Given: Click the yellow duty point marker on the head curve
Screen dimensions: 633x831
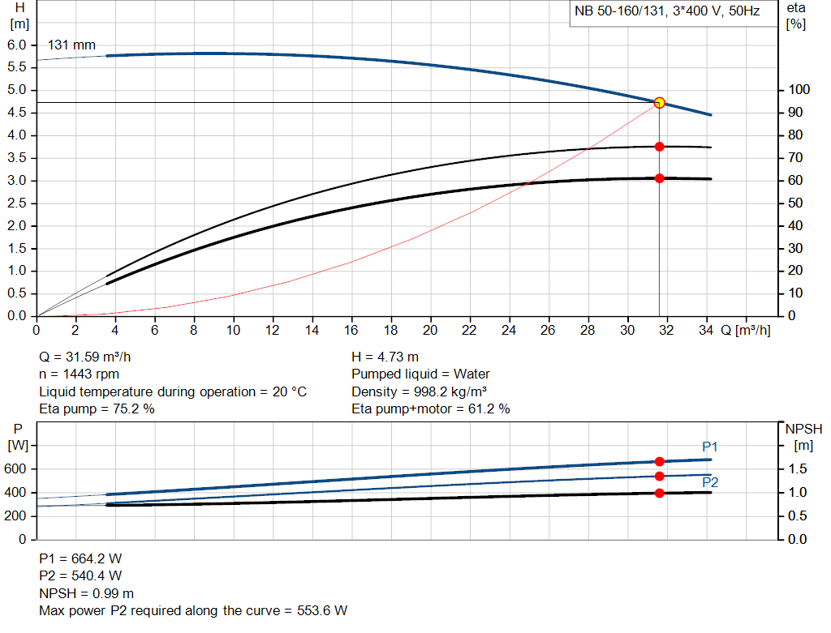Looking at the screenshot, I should point(659,102).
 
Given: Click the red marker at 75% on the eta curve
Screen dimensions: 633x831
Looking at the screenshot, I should point(659,147).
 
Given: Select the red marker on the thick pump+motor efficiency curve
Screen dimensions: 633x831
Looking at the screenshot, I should point(659,178).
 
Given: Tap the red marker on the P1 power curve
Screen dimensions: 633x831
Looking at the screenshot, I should point(659,461).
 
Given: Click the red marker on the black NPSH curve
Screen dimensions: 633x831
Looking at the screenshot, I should point(659,493).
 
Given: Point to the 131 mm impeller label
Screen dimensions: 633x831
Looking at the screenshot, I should point(71,45).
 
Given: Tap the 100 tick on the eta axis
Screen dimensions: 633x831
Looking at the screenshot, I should point(799,90).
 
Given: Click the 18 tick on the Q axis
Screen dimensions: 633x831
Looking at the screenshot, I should point(390,331).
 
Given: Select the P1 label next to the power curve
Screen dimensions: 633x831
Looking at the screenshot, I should point(710,447).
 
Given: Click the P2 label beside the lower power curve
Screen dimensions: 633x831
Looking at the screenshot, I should point(710,482).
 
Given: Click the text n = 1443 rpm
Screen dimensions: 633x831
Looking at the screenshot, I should point(80,374).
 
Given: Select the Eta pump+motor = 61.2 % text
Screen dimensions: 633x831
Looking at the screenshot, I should point(431,409).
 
